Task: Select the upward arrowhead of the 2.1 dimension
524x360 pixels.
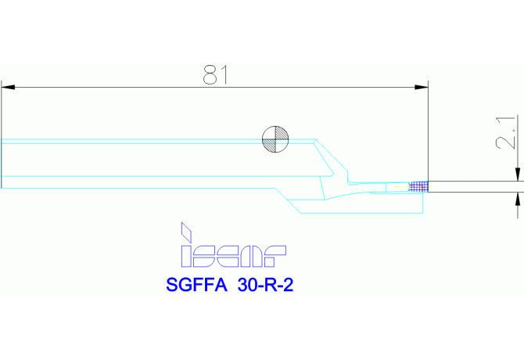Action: pyautogui.click(x=517, y=196)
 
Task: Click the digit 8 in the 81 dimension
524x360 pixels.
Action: pyautogui.click(x=209, y=74)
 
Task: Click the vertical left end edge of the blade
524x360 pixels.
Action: pyautogui.click(x=2, y=164)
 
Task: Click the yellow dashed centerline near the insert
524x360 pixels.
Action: pyautogui.click(x=399, y=187)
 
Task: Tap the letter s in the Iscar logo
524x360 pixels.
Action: pyautogui.click(x=206, y=255)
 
